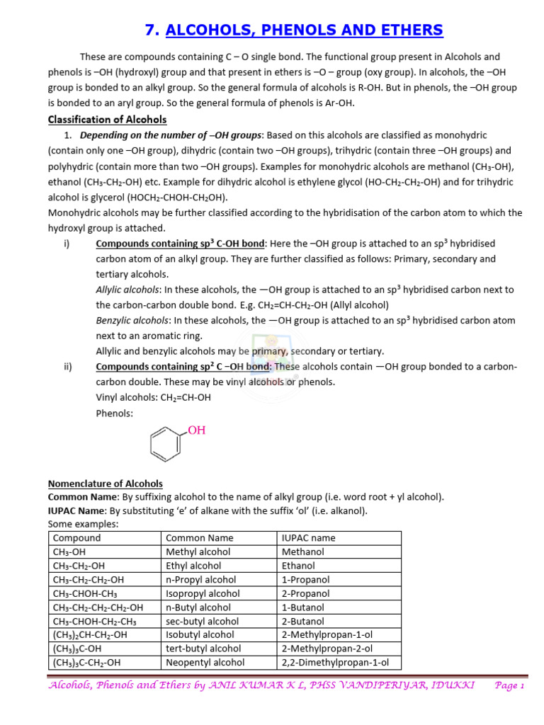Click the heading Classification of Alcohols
click(107, 119)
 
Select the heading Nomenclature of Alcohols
click(105, 484)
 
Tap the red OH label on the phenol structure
click(196, 430)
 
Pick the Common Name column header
click(199, 538)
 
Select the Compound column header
click(76, 538)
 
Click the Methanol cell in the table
click(302, 552)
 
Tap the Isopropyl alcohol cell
click(203, 593)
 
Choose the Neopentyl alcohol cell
click(205, 663)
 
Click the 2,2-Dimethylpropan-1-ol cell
click(330, 663)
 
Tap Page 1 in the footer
click(509, 686)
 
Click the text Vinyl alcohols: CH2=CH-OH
click(153, 397)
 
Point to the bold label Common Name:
click(76, 497)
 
